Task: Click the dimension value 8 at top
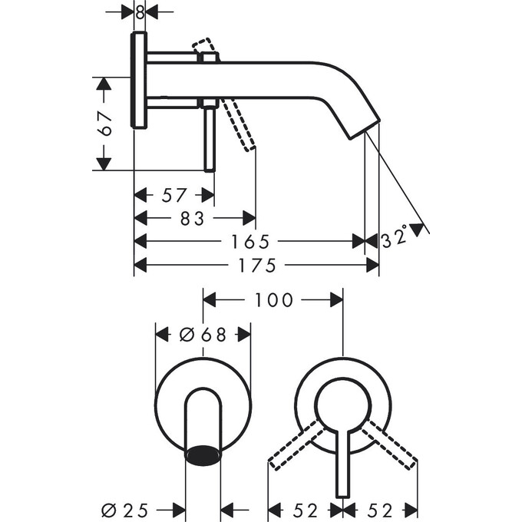tap(139, 12)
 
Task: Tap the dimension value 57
tap(174, 195)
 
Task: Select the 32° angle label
tap(393, 240)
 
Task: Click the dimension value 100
tap(273, 299)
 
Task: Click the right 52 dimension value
tap(381, 508)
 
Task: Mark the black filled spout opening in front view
tap(203, 455)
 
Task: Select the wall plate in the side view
tap(139, 81)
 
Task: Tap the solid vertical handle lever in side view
tap(208, 138)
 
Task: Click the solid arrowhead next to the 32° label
tap(417, 229)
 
